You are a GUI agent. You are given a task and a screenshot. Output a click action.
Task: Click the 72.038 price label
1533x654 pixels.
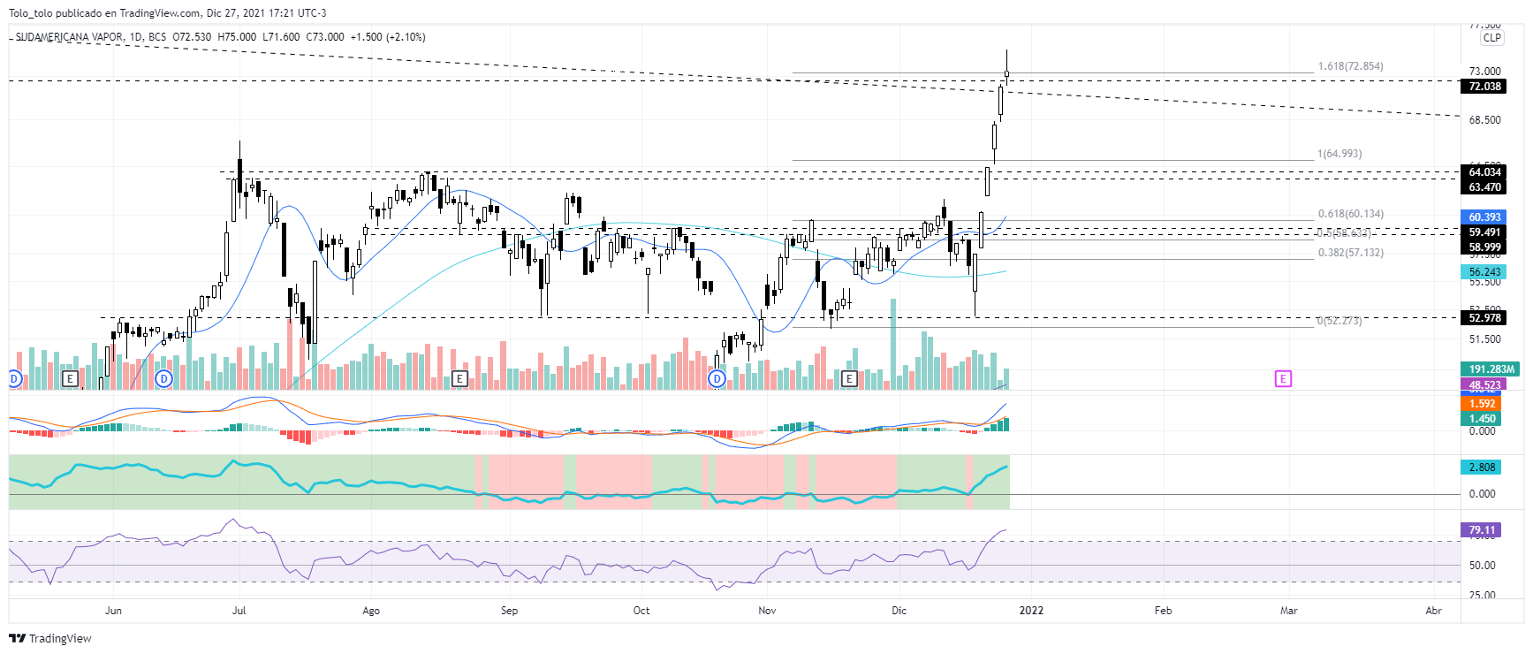click(1484, 87)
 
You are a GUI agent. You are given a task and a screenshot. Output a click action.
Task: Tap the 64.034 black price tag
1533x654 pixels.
click(1484, 172)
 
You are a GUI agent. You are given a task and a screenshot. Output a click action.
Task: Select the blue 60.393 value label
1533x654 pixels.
click(1484, 217)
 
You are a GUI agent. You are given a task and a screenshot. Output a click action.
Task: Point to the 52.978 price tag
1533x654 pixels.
click(1484, 318)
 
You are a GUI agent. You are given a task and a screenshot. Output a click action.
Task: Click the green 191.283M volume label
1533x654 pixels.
click(1491, 369)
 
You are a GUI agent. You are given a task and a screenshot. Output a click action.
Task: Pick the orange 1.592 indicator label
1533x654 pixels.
click(1482, 404)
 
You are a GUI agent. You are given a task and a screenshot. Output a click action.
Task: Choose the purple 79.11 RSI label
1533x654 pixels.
click(1482, 530)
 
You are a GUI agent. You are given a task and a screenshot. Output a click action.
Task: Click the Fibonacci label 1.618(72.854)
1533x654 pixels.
click(1350, 66)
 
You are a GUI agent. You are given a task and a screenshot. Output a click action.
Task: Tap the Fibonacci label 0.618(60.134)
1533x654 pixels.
click(1350, 214)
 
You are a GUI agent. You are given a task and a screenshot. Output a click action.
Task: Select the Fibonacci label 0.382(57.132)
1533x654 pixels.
click(1350, 253)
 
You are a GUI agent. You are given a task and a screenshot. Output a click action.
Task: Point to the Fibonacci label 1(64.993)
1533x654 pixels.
click(1339, 154)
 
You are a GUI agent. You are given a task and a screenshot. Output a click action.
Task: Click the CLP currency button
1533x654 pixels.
click(1491, 38)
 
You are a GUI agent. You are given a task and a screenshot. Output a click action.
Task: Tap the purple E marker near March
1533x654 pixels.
click(1283, 378)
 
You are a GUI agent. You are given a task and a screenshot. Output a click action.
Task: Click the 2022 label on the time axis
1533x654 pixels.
click(1031, 611)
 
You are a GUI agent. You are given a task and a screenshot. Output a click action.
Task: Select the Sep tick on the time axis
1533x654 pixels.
click(509, 611)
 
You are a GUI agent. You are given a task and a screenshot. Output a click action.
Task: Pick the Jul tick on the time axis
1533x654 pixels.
click(239, 611)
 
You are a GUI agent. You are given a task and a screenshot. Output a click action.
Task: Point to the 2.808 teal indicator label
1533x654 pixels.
click(1482, 468)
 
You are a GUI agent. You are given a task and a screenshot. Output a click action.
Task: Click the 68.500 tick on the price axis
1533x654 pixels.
click(1484, 120)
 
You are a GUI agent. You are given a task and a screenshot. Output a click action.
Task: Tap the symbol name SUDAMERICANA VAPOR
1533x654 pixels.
click(70, 37)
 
